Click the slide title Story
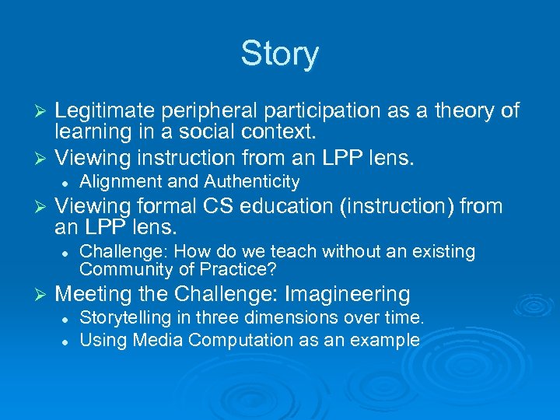click(x=279, y=54)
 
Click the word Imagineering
click(x=348, y=294)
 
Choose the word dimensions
click(x=278, y=318)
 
